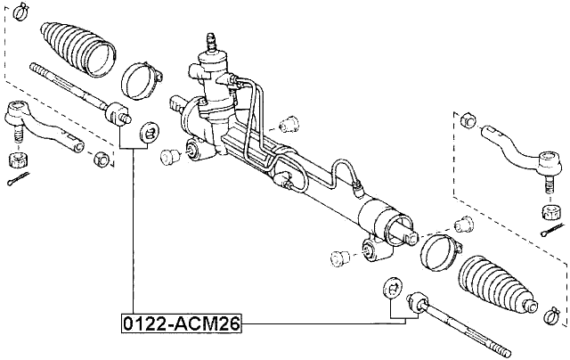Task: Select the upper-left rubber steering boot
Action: point(78,50)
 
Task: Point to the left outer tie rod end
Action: point(40,126)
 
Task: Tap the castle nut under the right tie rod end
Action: point(550,211)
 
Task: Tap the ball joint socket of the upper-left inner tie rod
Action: point(118,114)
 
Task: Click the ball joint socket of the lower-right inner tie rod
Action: point(416,306)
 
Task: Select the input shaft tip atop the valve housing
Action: point(211,40)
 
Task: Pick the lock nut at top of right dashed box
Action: point(468,119)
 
